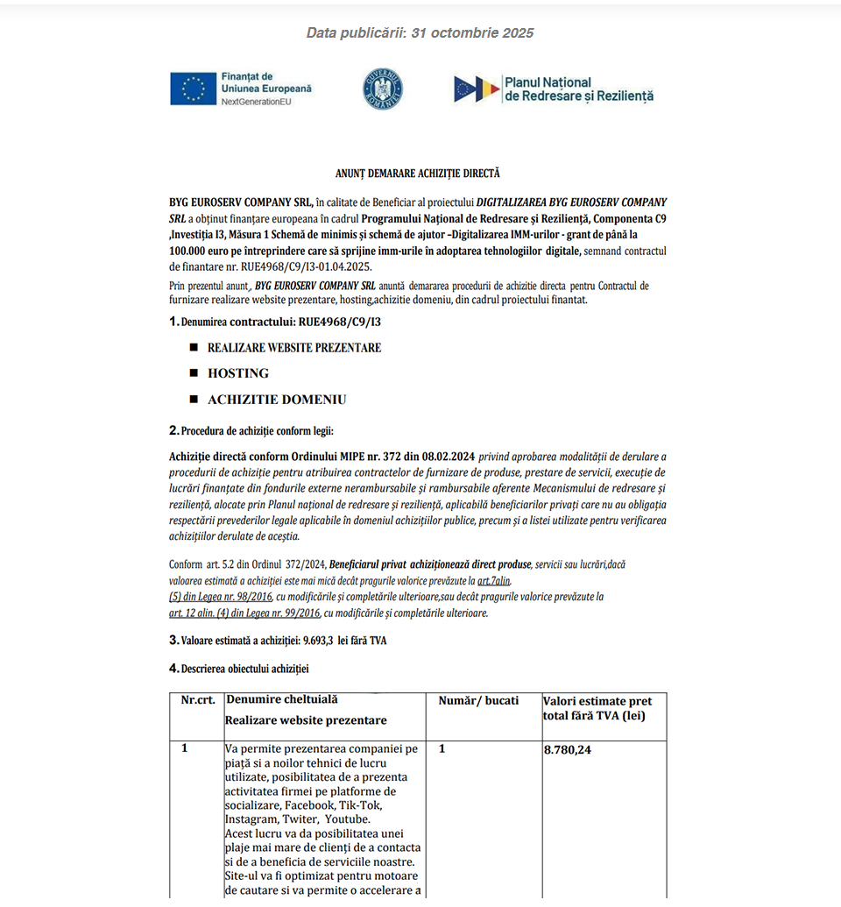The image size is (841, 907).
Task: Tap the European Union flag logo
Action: click(x=194, y=89)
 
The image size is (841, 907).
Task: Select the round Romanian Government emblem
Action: click(x=383, y=89)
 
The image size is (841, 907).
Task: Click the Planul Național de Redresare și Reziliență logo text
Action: click(x=578, y=89)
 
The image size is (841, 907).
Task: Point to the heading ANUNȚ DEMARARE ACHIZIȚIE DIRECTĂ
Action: click(x=418, y=174)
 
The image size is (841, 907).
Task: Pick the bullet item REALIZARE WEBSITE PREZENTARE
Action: click(x=293, y=348)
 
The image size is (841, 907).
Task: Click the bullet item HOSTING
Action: click(x=237, y=373)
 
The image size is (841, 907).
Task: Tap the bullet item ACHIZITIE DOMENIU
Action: click(x=276, y=400)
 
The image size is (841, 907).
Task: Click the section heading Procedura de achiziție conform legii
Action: click(x=257, y=430)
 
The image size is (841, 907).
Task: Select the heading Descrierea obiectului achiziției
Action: click(x=244, y=669)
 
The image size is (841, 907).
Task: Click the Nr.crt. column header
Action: click(x=198, y=701)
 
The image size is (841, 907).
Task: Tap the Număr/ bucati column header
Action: click(x=478, y=701)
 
